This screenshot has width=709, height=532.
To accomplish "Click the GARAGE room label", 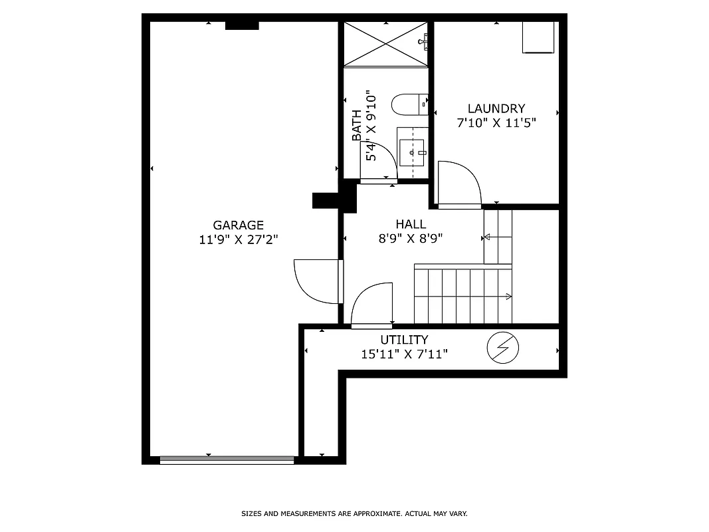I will [238, 225].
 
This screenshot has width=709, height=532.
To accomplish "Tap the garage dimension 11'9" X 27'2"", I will [238, 239].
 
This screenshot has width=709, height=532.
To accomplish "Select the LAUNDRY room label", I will [496, 108].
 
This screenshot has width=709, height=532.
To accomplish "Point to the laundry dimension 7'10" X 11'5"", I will [496, 122].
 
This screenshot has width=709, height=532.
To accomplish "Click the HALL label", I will [411, 224].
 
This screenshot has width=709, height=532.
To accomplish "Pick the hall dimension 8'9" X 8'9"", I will [411, 238].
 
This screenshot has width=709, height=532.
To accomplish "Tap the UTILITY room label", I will [404, 340].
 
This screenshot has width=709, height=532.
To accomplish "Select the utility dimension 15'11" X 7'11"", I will [404, 354].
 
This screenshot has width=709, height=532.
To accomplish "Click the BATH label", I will [357, 125].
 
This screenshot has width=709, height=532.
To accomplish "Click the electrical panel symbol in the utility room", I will [502, 348].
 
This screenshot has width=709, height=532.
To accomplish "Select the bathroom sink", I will [412, 153].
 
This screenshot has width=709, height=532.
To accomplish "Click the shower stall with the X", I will [385, 43].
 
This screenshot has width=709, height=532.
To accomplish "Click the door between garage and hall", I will [318, 281].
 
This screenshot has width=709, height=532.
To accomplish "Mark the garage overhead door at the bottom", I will [227, 459].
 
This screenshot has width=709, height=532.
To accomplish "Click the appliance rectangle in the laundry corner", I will [538, 37].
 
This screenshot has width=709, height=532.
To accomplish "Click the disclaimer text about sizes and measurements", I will [354, 513].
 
